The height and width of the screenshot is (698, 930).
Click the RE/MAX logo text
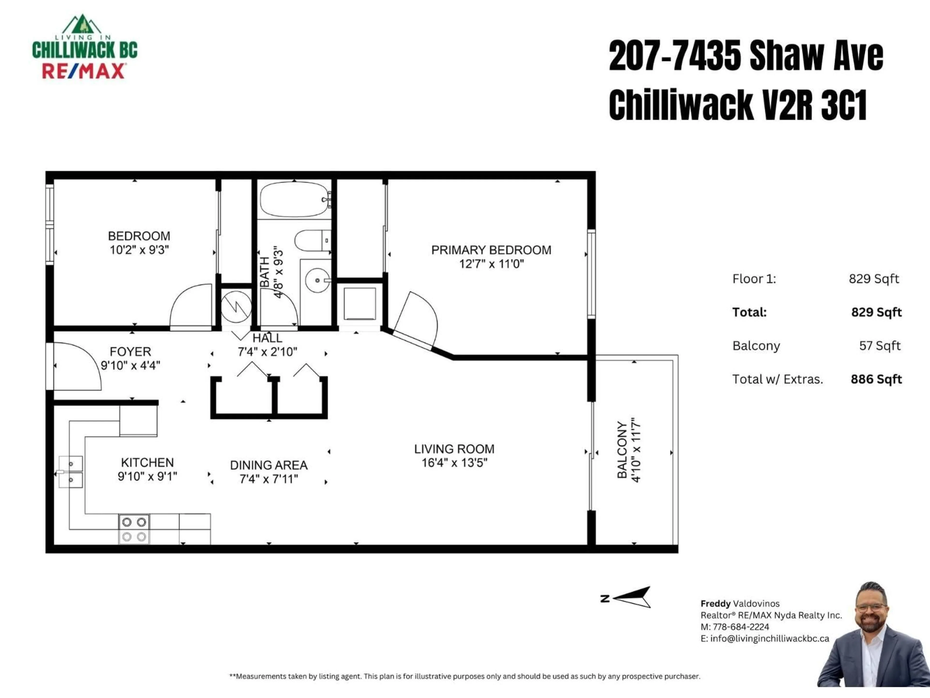click(83, 71)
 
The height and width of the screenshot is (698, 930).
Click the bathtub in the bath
click(294, 199)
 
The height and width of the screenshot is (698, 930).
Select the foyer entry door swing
click(76, 366)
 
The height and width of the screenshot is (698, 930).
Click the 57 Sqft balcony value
click(880, 346)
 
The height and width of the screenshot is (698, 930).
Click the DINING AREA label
click(269, 465)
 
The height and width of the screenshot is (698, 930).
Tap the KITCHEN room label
click(147, 463)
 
